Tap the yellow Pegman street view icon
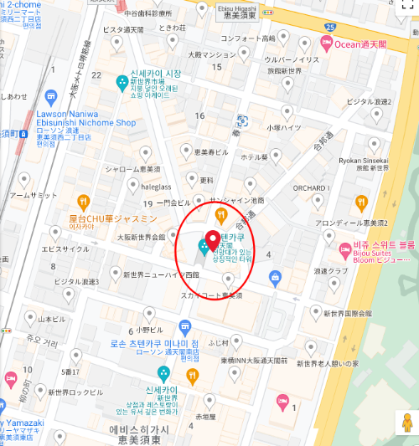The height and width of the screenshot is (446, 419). pyautogui.click(x=406, y=422)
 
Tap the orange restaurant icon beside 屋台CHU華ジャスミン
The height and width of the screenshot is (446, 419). pyautogui.click(x=84, y=201)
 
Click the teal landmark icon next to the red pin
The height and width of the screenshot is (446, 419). pyautogui.click(x=203, y=247)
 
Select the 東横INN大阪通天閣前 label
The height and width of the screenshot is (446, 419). pyautogui.click(x=254, y=361)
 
